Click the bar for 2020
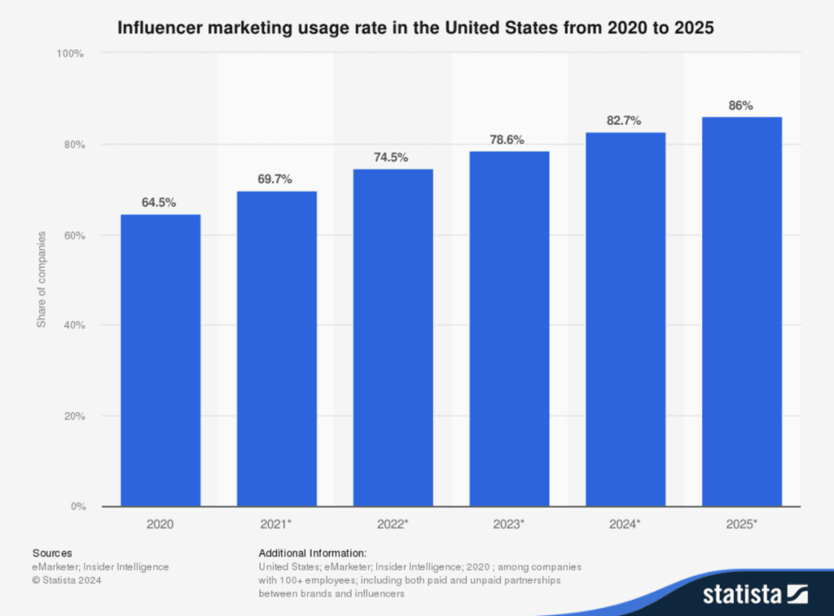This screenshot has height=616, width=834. [160, 360]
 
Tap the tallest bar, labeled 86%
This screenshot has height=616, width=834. [741, 311]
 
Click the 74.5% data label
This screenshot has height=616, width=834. [393, 157]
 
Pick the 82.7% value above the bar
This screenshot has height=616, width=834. [625, 120]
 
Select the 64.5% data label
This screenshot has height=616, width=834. [160, 202]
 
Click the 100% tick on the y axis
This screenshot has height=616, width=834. [71, 54]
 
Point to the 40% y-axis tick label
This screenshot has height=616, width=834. [73, 325]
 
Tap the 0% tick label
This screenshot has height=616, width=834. [77, 507]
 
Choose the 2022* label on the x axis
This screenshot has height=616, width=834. [393, 526]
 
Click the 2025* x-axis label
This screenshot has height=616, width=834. [741, 526]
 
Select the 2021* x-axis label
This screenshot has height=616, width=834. [277, 526]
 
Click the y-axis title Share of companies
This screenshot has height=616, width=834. [42, 279]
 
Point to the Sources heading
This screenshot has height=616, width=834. [52, 552]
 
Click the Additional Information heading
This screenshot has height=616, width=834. [313, 552]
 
